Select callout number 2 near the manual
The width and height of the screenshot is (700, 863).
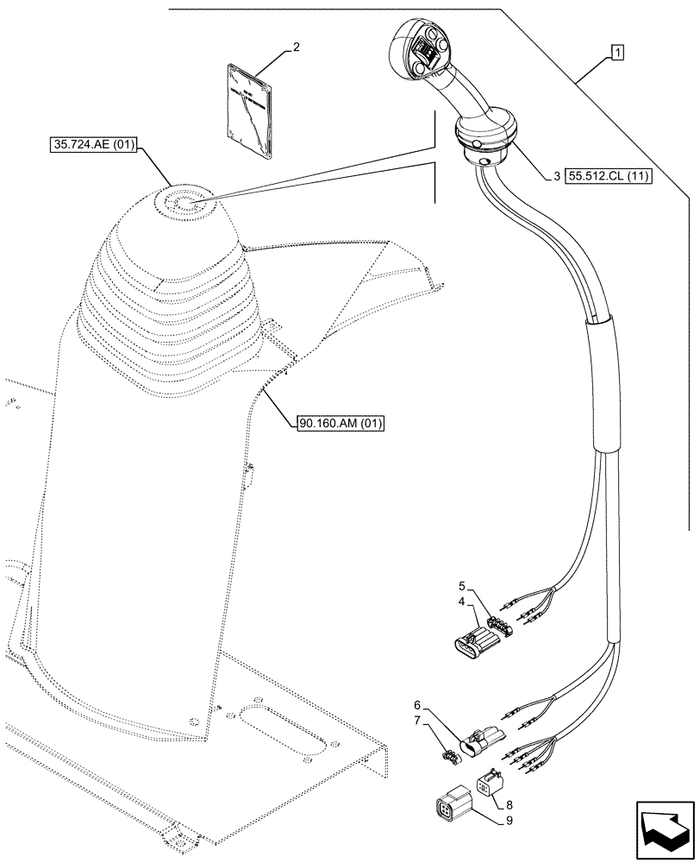tap(296, 48)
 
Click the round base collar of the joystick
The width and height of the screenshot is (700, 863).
tap(485, 141)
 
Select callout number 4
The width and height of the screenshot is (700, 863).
tap(462, 602)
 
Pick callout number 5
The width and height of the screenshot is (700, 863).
tap(462, 585)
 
